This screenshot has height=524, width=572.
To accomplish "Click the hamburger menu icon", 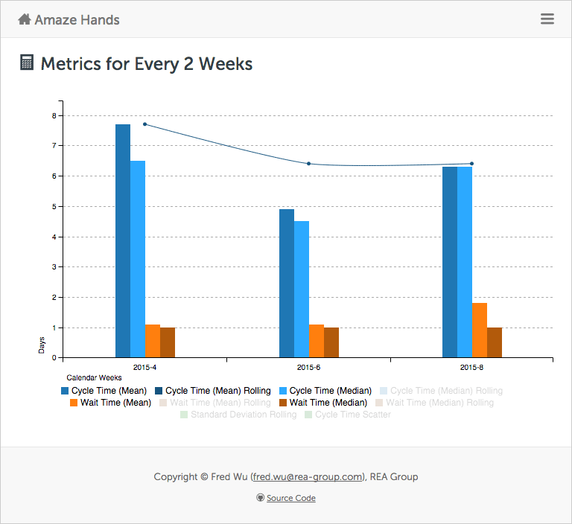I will click(x=547, y=19).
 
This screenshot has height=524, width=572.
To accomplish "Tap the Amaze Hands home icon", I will click(x=25, y=19).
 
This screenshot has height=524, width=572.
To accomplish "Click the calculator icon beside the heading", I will click(x=27, y=63).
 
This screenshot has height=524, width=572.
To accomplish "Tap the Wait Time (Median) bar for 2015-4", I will click(x=168, y=342).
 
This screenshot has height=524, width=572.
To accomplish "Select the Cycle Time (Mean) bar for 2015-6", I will click(x=287, y=283).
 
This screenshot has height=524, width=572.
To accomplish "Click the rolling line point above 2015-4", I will click(x=144, y=124).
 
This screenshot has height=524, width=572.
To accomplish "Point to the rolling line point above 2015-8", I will click(x=471, y=164).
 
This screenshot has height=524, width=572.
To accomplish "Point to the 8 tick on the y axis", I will click(x=54, y=115).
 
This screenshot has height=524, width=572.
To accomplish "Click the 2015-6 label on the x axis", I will click(x=308, y=367).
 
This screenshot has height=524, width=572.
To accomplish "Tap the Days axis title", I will click(x=42, y=345).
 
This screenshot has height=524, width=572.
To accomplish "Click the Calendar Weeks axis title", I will click(x=94, y=378).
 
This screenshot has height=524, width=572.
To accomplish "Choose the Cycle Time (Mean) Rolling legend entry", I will click(x=212, y=391).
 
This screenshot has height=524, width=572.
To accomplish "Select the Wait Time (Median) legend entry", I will click(x=322, y=403).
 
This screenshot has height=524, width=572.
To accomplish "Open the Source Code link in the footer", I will click(x=290, y=498).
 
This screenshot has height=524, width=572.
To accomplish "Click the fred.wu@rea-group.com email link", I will click(x=308, y=477).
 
